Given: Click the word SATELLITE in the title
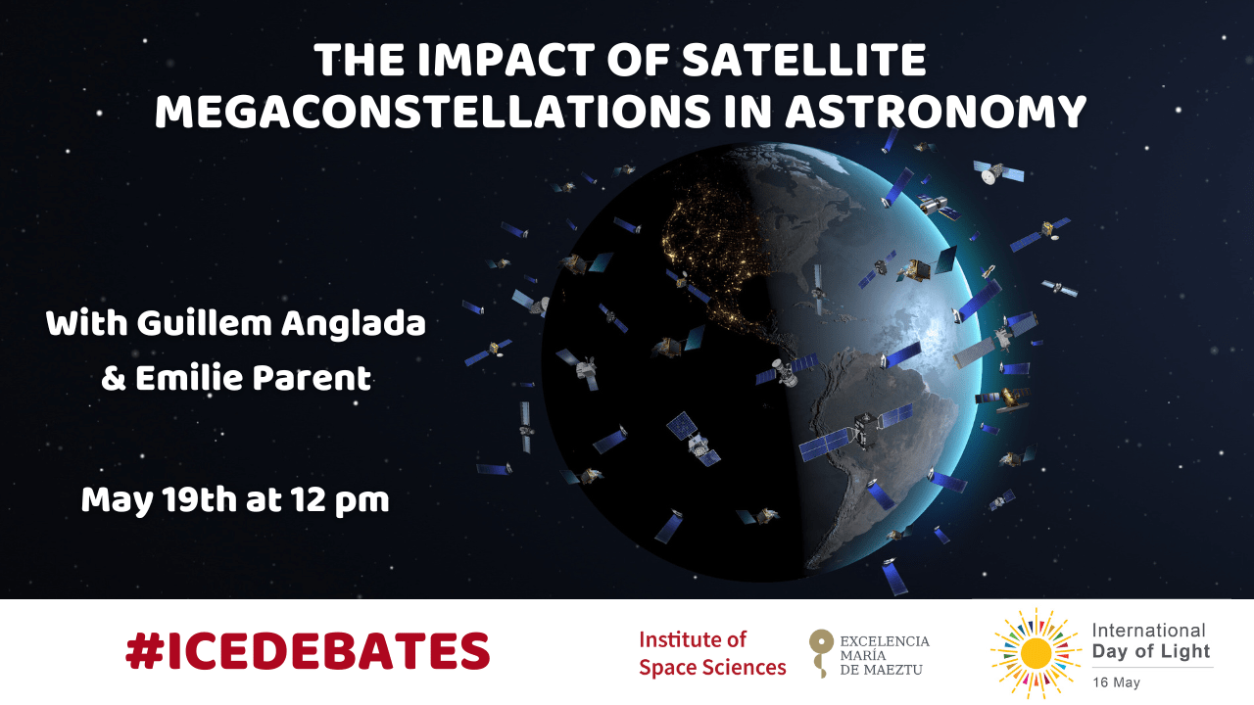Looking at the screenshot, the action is tap(804, 60).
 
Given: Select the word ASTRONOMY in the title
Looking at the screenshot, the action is tap(936, 112).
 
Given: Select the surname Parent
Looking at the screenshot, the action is tap(312, 377).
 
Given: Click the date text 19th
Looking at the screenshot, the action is tap(199, 499).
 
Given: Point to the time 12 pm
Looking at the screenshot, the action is tap(339, 500).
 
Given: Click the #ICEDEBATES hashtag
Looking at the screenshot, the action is tap(308, 651).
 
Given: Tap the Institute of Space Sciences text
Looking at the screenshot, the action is tap(712, 653).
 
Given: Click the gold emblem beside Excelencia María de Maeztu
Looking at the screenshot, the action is tap(821, 652).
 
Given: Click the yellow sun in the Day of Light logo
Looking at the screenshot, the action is tap(1036, 653).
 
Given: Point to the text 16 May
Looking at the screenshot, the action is tap(1116, 682).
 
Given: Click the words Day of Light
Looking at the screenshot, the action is tap(1151, 651).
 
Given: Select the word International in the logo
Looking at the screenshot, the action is tap(1148, 631).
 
